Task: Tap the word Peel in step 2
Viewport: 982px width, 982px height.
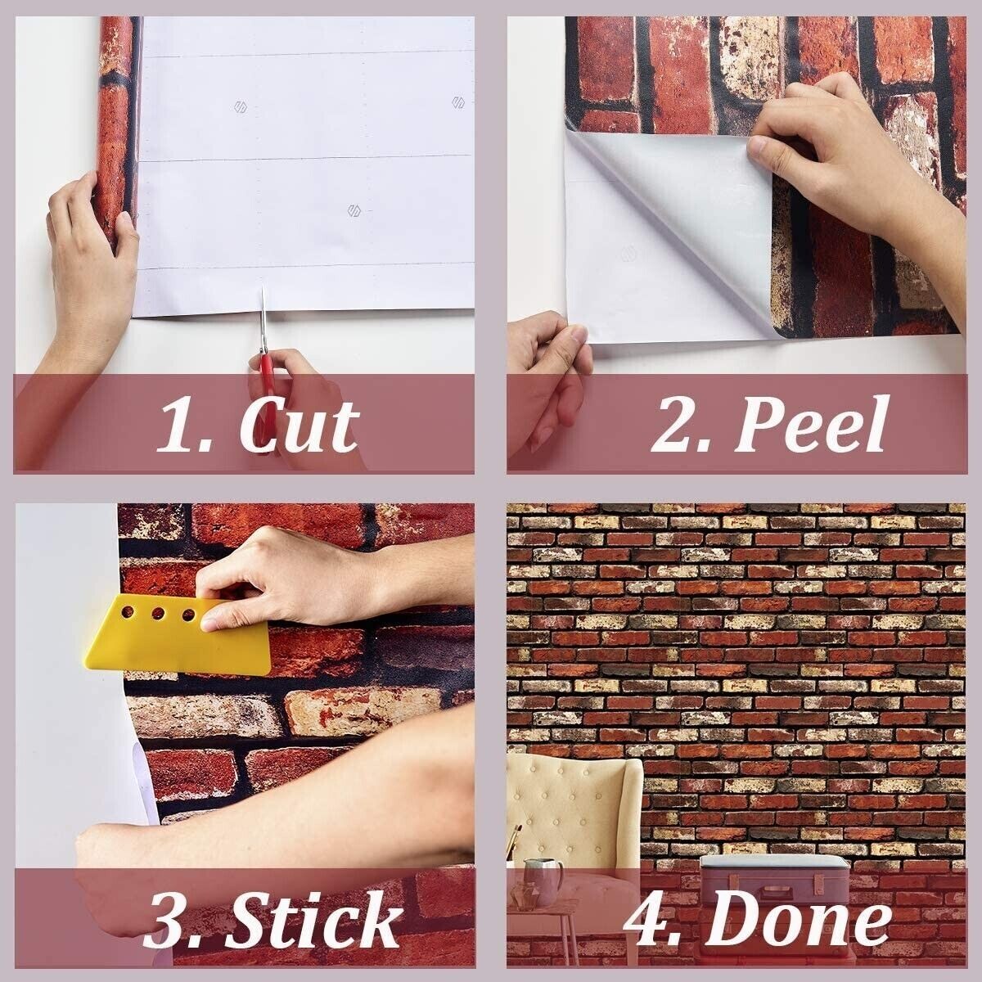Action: coord(810,424)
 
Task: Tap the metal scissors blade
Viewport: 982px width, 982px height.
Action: coord(264,318)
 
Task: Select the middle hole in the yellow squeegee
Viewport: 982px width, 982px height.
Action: coord(158,612)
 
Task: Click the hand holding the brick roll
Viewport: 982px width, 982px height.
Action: coord(92,255)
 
